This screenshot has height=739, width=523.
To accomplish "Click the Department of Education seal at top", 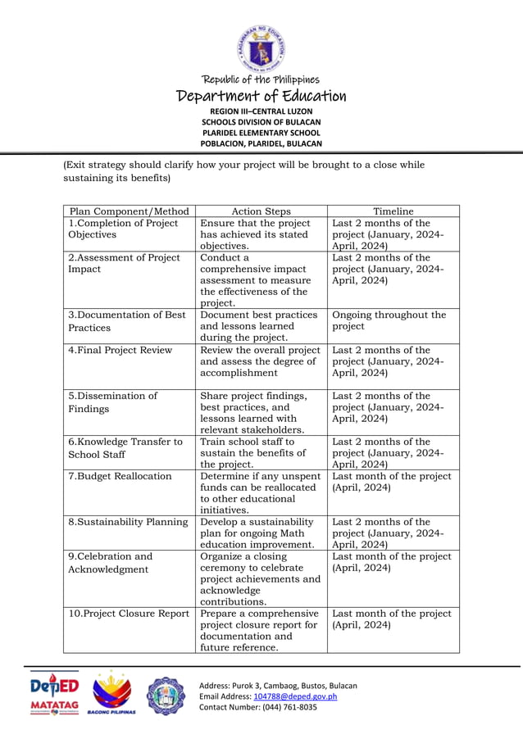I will point(261,48).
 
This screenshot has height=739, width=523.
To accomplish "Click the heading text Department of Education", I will point(261,97).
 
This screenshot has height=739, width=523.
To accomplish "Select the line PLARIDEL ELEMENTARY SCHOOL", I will point(261,133).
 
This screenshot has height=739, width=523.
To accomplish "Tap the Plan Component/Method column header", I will point(130,211).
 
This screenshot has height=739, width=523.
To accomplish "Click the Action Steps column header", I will point(261,211).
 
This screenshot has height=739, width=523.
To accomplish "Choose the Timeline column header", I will point(393,211).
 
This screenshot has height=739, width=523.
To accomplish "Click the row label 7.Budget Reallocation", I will point(120,476).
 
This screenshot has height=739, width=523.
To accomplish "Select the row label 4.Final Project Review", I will point(120,350).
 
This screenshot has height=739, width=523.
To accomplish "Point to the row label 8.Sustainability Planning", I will point(127,522).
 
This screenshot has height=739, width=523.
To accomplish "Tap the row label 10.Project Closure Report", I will point(129,614).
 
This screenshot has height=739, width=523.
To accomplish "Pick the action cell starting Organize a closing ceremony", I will point(260,578).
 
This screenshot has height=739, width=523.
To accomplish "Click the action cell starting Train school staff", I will point(252,453).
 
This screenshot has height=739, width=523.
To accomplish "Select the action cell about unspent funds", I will point(260,492).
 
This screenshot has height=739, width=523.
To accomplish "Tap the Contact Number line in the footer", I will point(258,707).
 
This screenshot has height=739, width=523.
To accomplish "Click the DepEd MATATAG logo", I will point(55,694).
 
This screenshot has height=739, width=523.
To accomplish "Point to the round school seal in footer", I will point(166,696).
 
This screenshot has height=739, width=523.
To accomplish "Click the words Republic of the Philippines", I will point(261,79).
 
